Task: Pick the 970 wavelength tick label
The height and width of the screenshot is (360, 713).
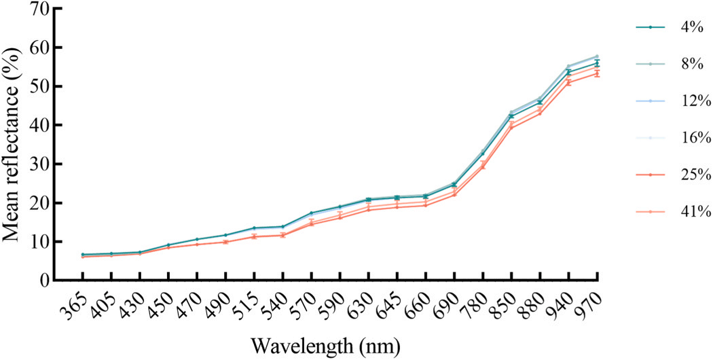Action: click(591, 302)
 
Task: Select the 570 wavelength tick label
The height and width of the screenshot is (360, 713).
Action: click(306, 302)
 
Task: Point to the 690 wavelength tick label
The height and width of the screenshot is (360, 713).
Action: click(448, 302)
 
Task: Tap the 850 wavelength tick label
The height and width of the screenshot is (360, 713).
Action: click(506, 302)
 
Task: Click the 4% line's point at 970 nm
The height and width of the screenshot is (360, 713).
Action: click(597, 63)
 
